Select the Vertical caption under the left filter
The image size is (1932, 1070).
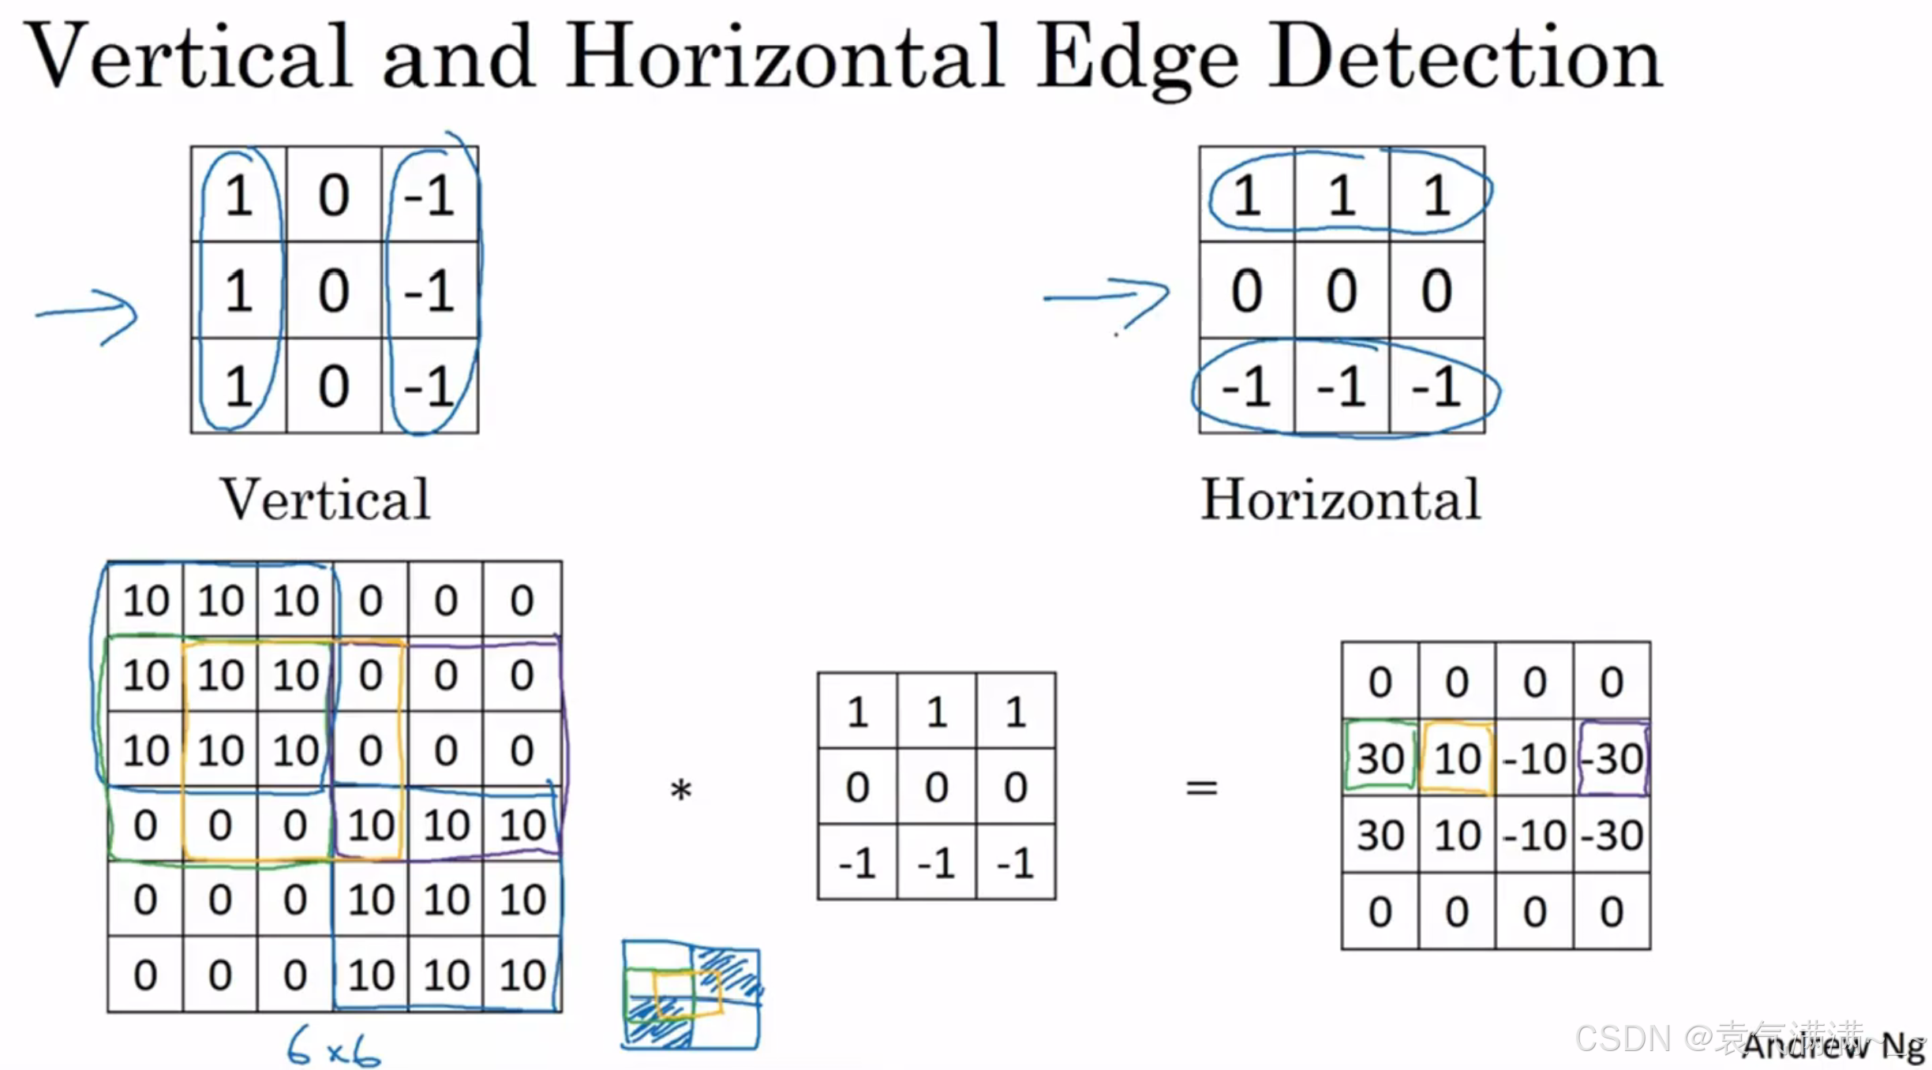click(325, 499)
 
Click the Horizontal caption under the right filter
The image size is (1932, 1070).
click(1340, 499)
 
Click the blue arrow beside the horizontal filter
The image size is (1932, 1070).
click(1106, 300)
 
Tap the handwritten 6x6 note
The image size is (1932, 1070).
click(333, 1048)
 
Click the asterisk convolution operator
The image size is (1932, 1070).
click(680, 789)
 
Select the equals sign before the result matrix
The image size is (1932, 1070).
click(1201, 788)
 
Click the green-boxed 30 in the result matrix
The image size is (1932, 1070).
click(1380, 758)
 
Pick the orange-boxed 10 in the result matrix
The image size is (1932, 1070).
click(1457, 758)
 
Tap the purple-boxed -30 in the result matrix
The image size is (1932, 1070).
click(1613, 758)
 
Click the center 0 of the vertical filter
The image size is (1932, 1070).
click(334, 290)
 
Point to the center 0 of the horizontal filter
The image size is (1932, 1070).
click(1341, 290)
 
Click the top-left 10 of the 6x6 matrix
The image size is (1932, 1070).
click(146, 600)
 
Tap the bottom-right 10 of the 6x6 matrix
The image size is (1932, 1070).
click(522, 975)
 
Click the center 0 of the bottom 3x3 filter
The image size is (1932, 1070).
click(936, 787)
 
